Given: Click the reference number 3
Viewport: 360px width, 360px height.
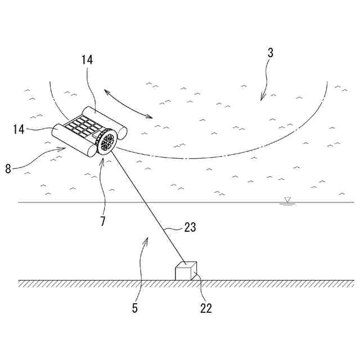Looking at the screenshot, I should click(x=270, y=54).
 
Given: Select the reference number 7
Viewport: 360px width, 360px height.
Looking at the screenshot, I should click(x=102, y=221).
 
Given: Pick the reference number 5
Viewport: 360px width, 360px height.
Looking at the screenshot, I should click(x=135, y=308).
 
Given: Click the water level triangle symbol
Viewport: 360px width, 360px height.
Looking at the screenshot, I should click(x=287, y=200).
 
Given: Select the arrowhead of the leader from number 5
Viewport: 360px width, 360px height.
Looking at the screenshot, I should click(x=147, y=239).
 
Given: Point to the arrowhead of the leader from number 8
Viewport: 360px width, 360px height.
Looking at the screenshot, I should click(x=65, y=148).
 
